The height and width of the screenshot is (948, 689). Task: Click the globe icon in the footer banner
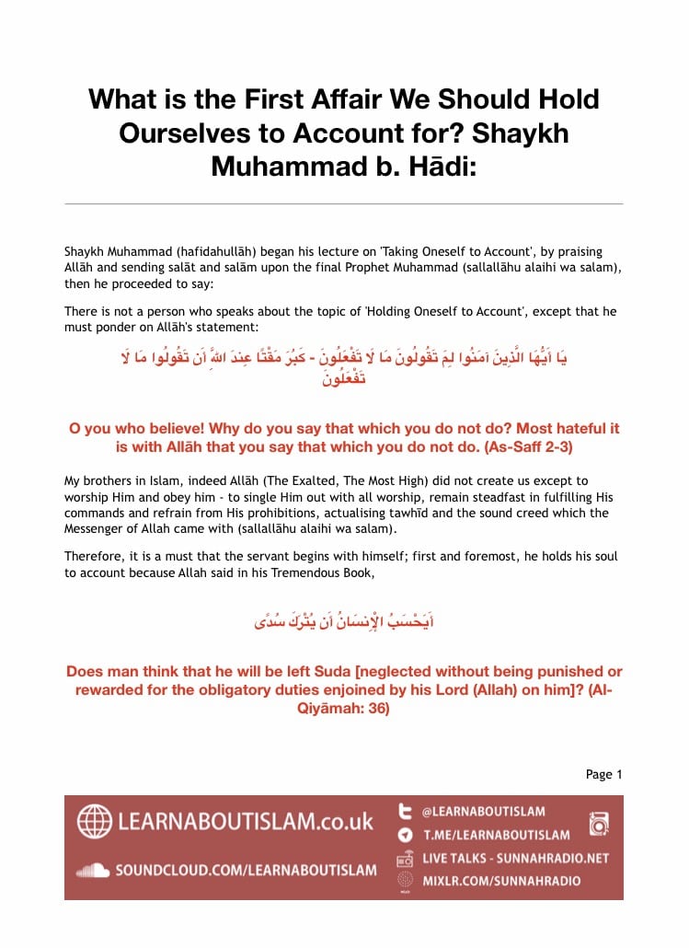coord(94,821)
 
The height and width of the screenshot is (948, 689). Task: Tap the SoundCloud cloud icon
coord(93,870)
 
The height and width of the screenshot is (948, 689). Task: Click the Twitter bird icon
coord(405,812)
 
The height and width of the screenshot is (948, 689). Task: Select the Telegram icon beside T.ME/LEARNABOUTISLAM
coord(405,835)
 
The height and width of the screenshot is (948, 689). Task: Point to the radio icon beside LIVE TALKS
coord(405,859)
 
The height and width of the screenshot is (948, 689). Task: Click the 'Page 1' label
coord(603,774)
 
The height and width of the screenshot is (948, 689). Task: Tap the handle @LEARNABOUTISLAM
coord(483,812)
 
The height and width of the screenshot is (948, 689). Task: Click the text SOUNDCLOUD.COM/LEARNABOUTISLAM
coord(246,870)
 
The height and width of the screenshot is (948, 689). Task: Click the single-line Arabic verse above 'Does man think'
coord(344,622)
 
